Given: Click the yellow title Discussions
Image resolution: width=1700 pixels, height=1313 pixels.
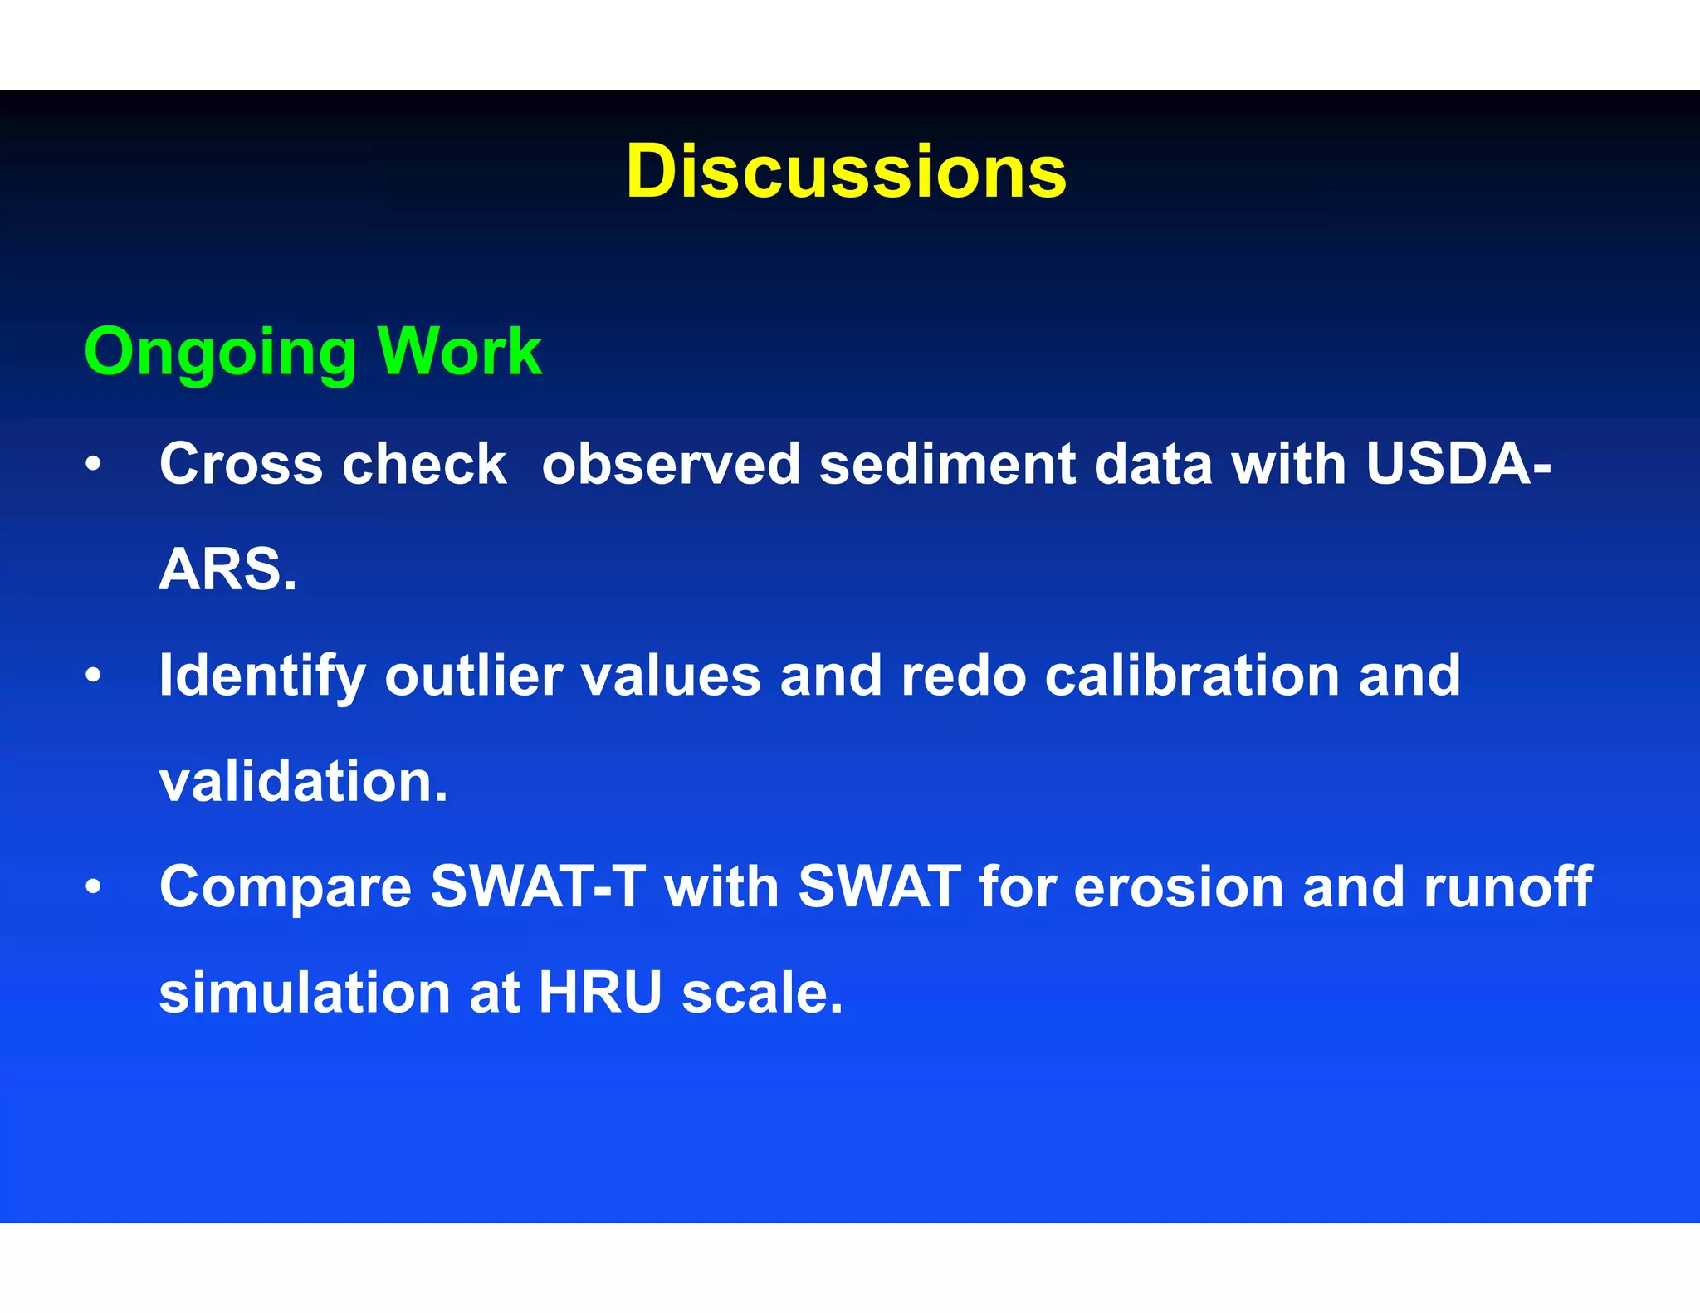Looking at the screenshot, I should coord(846,172).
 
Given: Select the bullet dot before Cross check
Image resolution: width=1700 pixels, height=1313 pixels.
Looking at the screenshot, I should coord(94,464).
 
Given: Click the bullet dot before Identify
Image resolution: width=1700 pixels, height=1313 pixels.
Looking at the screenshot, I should coord(94,675).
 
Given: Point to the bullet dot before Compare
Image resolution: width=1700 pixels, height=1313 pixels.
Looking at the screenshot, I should coord(94,886).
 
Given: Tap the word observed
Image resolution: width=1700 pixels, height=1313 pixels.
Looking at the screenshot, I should coord(671,464).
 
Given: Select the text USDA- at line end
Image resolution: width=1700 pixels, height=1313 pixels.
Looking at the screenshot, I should coord(1458,464).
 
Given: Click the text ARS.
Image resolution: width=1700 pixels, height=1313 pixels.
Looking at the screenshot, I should coord(227,570).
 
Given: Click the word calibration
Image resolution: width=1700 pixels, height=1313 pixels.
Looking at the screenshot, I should coord(1192,676).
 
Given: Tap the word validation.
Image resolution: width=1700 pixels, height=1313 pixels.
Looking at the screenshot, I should coord(303,782).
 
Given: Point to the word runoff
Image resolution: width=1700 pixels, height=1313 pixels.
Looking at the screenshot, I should coord(1507,887).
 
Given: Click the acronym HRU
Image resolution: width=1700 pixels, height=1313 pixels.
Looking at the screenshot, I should coord(600,993).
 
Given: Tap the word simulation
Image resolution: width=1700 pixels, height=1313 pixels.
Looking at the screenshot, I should coord(305,993).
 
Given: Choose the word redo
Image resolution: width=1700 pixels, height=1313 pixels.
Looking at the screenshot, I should coord(964,676).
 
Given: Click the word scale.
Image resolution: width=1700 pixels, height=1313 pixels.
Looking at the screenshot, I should coord(762,993).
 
